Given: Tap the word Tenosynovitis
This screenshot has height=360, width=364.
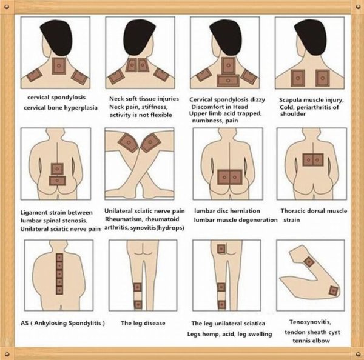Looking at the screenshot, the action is [310, 322].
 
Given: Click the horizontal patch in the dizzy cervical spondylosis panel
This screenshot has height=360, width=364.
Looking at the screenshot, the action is [228, 81].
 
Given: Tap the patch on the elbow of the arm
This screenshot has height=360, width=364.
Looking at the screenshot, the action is [334, 290].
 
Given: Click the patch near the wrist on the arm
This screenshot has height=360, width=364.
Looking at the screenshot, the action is [309, 262].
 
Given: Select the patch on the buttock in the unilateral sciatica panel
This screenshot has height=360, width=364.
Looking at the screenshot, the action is [221, 249].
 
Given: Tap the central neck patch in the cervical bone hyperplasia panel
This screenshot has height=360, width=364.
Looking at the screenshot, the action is [59, 66].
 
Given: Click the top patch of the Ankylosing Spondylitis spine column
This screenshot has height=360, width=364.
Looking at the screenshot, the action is [59, 258].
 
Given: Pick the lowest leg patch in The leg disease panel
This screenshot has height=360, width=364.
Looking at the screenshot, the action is [138, 305].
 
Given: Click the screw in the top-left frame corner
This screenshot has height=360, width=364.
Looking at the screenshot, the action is [7, 7].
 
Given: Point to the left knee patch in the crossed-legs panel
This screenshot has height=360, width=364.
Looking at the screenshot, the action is [129, 142].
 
